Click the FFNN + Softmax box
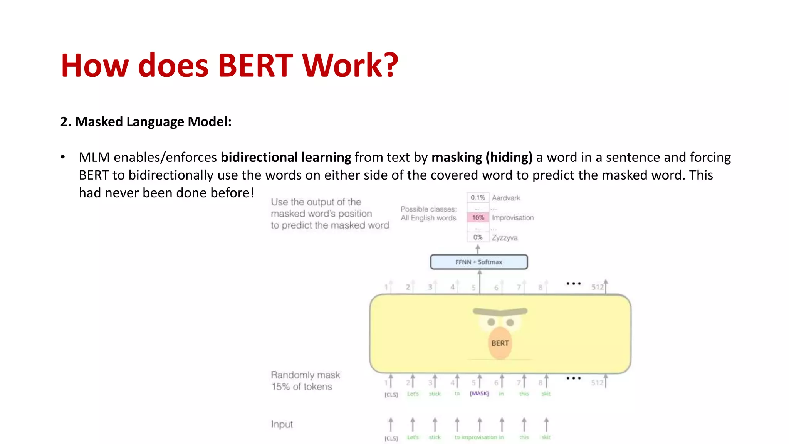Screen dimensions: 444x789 (479, 262)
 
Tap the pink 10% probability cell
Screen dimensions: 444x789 (478, 218)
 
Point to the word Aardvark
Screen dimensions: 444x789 (506, 198)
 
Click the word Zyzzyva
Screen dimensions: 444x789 (504, 238)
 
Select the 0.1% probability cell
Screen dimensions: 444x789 (478, 198)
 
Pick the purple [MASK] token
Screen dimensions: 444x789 (479, 394)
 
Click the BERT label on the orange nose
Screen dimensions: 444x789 (500, 343)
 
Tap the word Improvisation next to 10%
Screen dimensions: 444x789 (513, 218)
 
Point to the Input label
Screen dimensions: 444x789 (282, 424)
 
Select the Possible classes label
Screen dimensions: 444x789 (428, 209)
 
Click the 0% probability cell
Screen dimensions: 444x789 (478, 237)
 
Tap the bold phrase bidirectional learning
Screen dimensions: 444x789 (286, 157)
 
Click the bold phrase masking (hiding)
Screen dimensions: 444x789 (482, 157)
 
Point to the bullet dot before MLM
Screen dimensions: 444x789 (63, 157)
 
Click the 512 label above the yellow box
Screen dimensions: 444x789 (598, 287)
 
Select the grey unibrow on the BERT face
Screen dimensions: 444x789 (500, 311)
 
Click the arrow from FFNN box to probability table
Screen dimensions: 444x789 (478, 249)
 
